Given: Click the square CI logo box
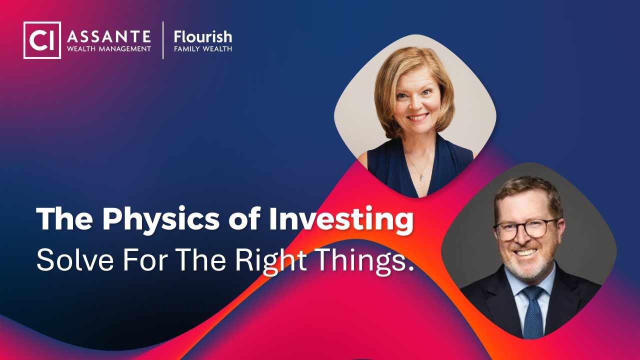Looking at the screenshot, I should click(42, 40).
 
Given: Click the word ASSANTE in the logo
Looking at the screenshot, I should click(109, 36).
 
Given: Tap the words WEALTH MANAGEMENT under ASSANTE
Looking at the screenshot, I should click(109, 49).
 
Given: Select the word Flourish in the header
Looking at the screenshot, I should click(202, 37).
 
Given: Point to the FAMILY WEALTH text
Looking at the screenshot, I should click(202, 49).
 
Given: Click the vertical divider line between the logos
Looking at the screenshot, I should click(163, 40).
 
